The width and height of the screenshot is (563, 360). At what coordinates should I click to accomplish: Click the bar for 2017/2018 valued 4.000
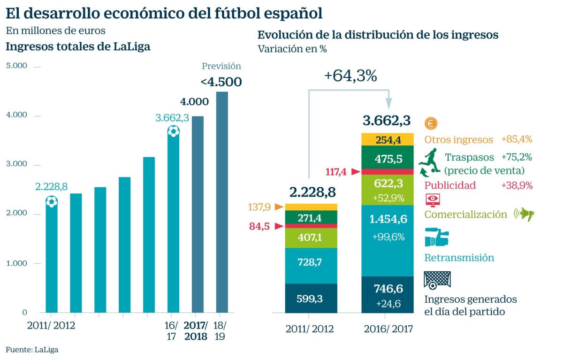click(198, 214)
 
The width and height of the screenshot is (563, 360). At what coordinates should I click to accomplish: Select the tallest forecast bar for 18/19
click(222, 202)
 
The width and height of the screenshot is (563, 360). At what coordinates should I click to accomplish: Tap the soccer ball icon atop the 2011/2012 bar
click(52, 202)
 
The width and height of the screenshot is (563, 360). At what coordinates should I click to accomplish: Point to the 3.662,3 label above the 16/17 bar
click(172, 118)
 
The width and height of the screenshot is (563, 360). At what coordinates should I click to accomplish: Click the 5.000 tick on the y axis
click(17, 66)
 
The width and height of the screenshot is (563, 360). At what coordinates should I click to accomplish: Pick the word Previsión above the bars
click(221, 66)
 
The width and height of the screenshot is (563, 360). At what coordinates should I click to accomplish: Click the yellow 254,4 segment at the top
click(388, 139)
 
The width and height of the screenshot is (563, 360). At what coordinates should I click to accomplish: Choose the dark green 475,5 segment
click(388, 159)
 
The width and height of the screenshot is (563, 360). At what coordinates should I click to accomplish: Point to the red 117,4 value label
click(336, 172)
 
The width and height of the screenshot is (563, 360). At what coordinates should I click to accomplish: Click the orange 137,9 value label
click(260, 207)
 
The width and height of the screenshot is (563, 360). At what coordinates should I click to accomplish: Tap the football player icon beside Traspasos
click(429, 161)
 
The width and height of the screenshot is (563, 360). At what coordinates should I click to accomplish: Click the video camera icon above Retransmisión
click(436, 237)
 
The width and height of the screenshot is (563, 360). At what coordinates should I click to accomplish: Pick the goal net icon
click(436, 280)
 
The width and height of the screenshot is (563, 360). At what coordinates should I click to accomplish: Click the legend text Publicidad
click(450, 185)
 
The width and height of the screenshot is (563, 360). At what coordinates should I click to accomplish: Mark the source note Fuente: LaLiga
click(32, 349)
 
